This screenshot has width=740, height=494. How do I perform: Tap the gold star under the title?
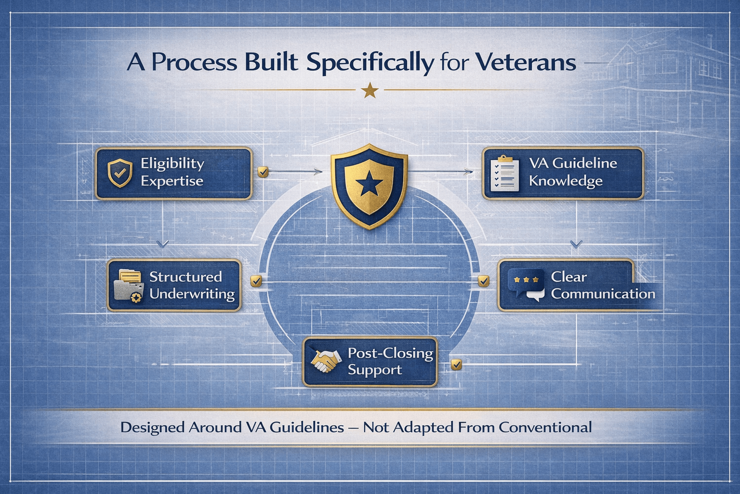370,90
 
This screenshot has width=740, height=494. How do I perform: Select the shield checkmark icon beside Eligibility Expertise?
120,173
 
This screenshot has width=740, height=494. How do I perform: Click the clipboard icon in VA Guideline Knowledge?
504,173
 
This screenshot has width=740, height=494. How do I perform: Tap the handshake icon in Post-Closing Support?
326,361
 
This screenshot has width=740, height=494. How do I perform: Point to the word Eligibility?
172,164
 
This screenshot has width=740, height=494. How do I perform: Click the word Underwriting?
192,294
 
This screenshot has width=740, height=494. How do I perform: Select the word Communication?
603,294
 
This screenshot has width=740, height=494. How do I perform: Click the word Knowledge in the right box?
566,181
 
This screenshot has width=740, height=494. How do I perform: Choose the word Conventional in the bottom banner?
545,427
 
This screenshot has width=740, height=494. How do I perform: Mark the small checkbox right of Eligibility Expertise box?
263,172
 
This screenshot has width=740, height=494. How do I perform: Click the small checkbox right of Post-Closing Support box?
456,365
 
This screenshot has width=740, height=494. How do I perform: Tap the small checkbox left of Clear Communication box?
484,281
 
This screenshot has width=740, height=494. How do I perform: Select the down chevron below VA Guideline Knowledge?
576,245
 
